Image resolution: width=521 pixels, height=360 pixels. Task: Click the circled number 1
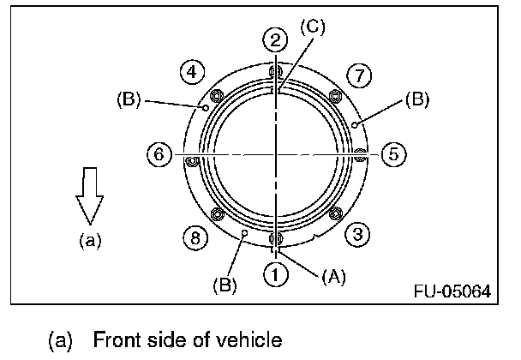click(x=275, y=276)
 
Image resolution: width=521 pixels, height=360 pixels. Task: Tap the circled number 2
click(x=275, y=39)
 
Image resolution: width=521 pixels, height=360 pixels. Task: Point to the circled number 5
click(x=392, y=155)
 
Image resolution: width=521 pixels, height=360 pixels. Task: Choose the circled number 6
click(x=158, y=155)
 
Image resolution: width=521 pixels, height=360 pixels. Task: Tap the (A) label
click(x=333, y=277)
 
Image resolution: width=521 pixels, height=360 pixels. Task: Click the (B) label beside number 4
click(x=129, y=99)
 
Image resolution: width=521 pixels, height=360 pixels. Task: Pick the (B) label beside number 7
click(x=416, y=99)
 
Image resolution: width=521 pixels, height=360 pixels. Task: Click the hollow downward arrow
click(x=89, y=196)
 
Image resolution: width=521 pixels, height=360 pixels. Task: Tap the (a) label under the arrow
click(x=88, y=241)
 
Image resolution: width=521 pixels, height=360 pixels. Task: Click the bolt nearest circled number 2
click(x=275, y=72)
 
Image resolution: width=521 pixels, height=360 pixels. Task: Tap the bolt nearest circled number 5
click(x=360, y=155)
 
